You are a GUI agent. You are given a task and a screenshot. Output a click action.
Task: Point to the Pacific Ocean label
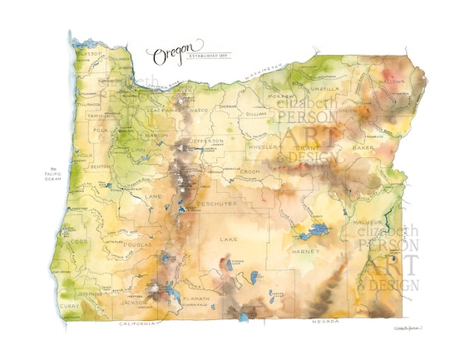tap(52, 176)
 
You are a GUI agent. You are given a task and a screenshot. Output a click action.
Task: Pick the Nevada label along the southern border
tap(325, 320)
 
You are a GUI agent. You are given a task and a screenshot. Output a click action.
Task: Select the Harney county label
tap(300, 249)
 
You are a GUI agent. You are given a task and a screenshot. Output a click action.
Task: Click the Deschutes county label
tap(217, 203)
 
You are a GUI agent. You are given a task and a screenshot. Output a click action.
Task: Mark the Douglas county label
tap(137, 245)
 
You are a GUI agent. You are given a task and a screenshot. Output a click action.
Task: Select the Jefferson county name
tap(208, 141)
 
